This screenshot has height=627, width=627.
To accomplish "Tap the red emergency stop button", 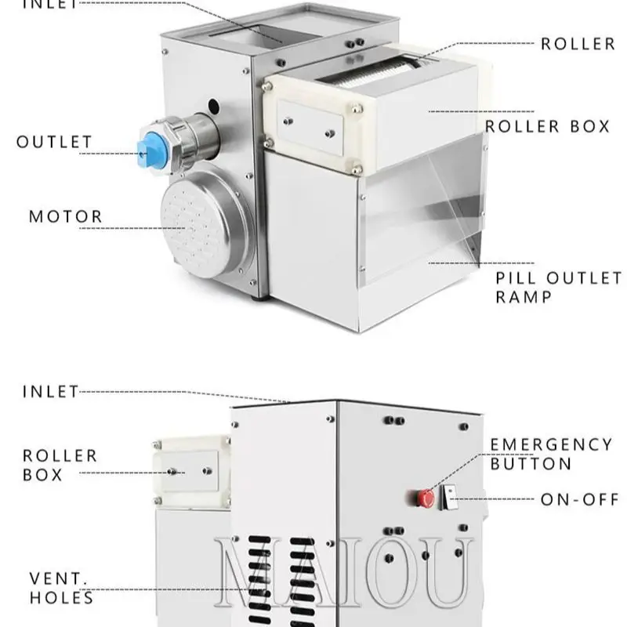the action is point(426,497).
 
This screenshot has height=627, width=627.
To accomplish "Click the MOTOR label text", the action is point(66,216).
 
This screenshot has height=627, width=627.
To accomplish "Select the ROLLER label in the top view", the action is point(578,43).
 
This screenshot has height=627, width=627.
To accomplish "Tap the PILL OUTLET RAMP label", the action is point(558,287).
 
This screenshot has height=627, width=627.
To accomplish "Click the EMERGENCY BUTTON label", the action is point(552,454).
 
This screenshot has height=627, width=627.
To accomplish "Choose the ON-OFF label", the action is point(580,498).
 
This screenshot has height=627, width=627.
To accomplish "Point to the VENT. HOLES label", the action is point(62,588).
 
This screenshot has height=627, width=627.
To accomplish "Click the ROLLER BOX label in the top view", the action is point(547,125).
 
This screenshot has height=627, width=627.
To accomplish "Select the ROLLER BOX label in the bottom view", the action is point(60,464).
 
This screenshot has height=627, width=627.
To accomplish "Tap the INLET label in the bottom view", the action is point(51,390).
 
